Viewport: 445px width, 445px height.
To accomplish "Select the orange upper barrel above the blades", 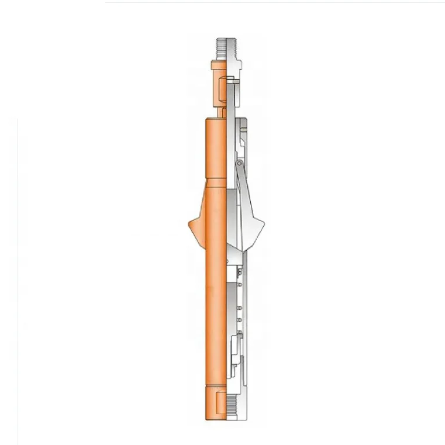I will [x=214, y=152].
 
